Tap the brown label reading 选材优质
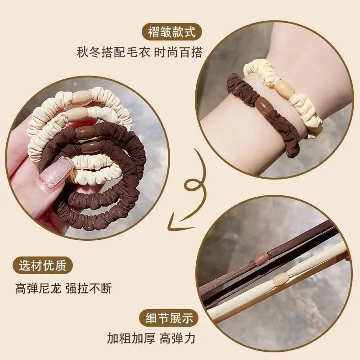tap(43, 265)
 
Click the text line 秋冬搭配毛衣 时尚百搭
tap(140, 52)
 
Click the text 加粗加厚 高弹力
tap(151, 338)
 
